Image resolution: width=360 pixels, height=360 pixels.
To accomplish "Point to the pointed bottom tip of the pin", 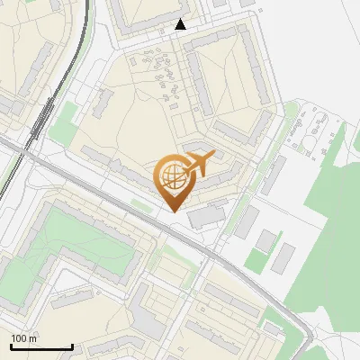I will coord(172,211).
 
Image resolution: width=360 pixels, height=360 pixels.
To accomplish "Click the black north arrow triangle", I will coord(181,24).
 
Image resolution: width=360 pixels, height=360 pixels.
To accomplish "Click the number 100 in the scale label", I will coord(19,338).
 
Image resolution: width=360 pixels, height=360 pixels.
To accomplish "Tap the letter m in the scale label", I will coord(33,338).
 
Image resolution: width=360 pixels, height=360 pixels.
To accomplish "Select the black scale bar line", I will coord(41,346).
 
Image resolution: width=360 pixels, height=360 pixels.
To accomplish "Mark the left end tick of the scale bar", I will coord(12,346).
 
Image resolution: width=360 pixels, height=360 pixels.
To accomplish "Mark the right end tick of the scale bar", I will coord(72,346).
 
